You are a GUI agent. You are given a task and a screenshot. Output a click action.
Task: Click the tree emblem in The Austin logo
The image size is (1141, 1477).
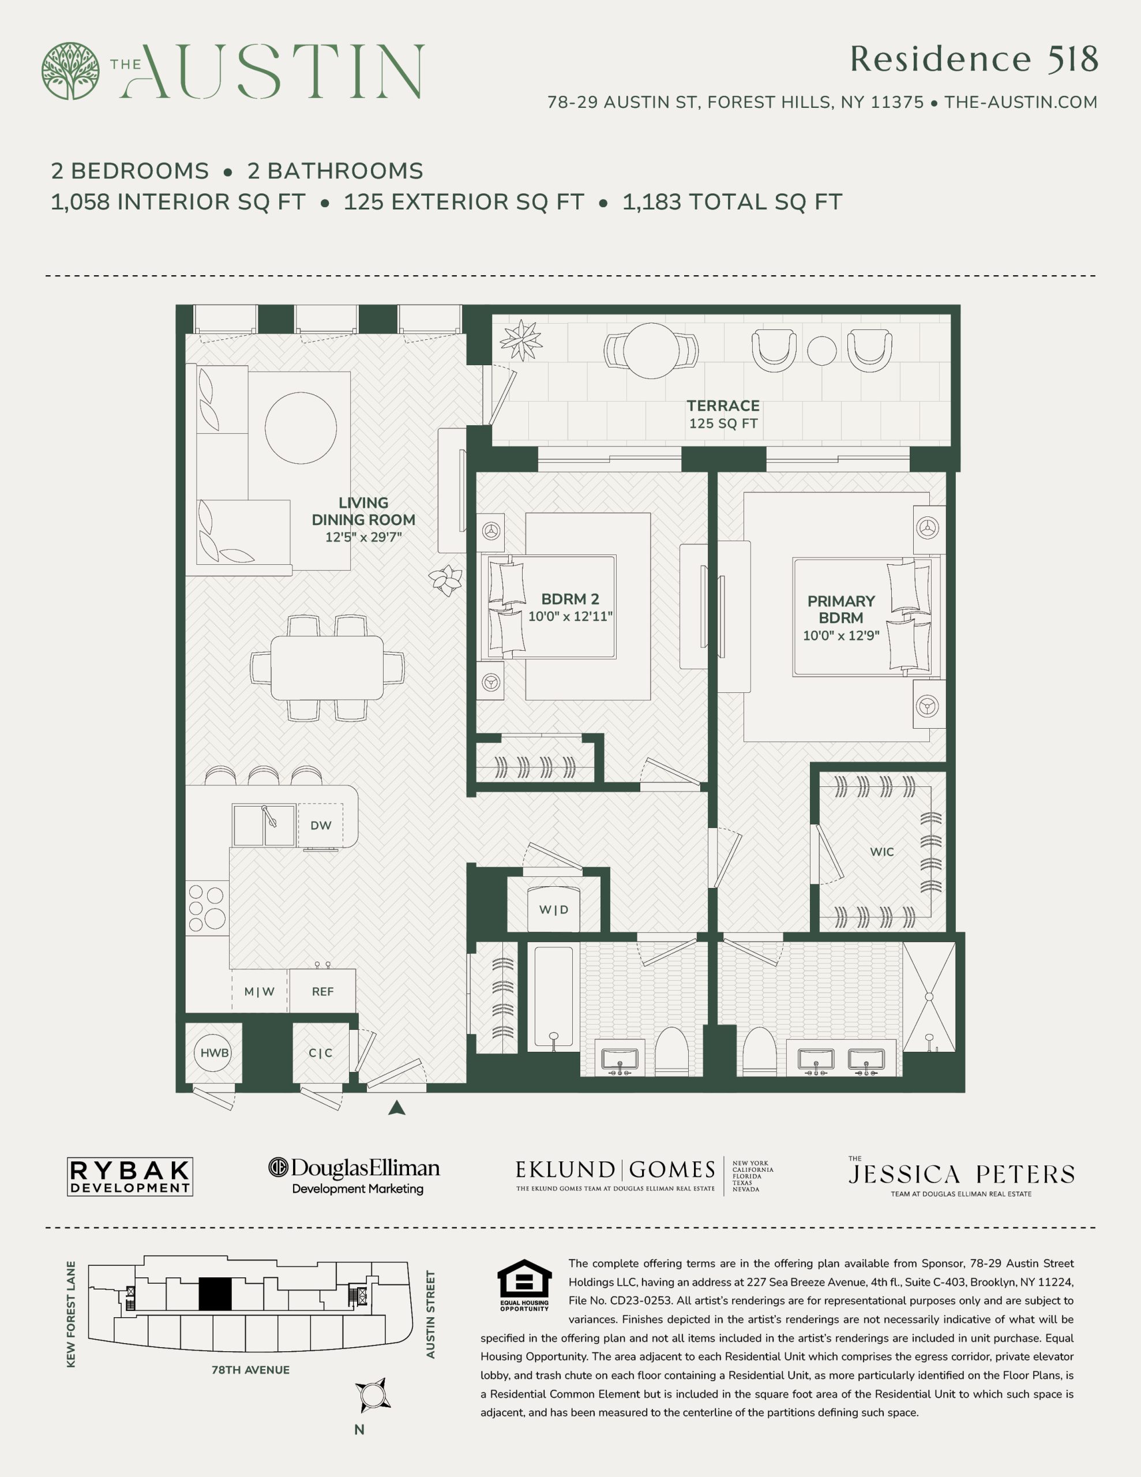click(70, 71)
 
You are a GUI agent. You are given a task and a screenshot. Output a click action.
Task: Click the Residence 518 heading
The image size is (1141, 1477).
click(973, 59)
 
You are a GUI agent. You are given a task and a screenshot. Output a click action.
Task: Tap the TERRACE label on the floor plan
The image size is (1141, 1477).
click(723, 406)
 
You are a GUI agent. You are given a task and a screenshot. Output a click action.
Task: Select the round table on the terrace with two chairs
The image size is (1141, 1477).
click(651, 350)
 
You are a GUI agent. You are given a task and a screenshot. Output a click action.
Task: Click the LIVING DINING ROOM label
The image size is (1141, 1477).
click(363, 511)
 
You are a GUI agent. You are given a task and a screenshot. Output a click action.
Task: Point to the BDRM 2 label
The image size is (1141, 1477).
click(570, 599)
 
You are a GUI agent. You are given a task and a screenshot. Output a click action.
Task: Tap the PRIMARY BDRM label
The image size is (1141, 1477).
click(840, 609)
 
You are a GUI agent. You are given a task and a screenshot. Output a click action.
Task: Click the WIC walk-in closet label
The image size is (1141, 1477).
click(882, 852)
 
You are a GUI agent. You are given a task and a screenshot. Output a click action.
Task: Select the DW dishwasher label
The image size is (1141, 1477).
click(321, 825)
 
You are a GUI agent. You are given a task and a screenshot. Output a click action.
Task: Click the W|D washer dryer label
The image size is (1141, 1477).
click(553, 910)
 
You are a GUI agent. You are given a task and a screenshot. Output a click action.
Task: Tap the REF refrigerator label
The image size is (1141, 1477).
click(322, 991)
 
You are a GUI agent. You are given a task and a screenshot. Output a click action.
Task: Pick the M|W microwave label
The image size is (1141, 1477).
click(259, 991)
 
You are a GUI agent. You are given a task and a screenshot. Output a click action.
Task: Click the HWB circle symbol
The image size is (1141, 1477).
click(215, 1053)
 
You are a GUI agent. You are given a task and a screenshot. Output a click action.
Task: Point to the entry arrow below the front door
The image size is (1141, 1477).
click(397, 1107)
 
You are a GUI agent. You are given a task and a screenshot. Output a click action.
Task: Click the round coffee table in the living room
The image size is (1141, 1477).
click(301, 428)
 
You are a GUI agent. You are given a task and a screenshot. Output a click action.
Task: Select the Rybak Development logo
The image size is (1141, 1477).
click(130, 1177)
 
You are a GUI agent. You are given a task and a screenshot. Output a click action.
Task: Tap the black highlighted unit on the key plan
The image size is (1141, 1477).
click(215, 1295)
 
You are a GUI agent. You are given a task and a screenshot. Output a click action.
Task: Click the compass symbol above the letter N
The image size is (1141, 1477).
click(373, 1394)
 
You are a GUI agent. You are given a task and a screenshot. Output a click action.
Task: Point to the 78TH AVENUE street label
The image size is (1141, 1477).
click(250, 1370)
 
